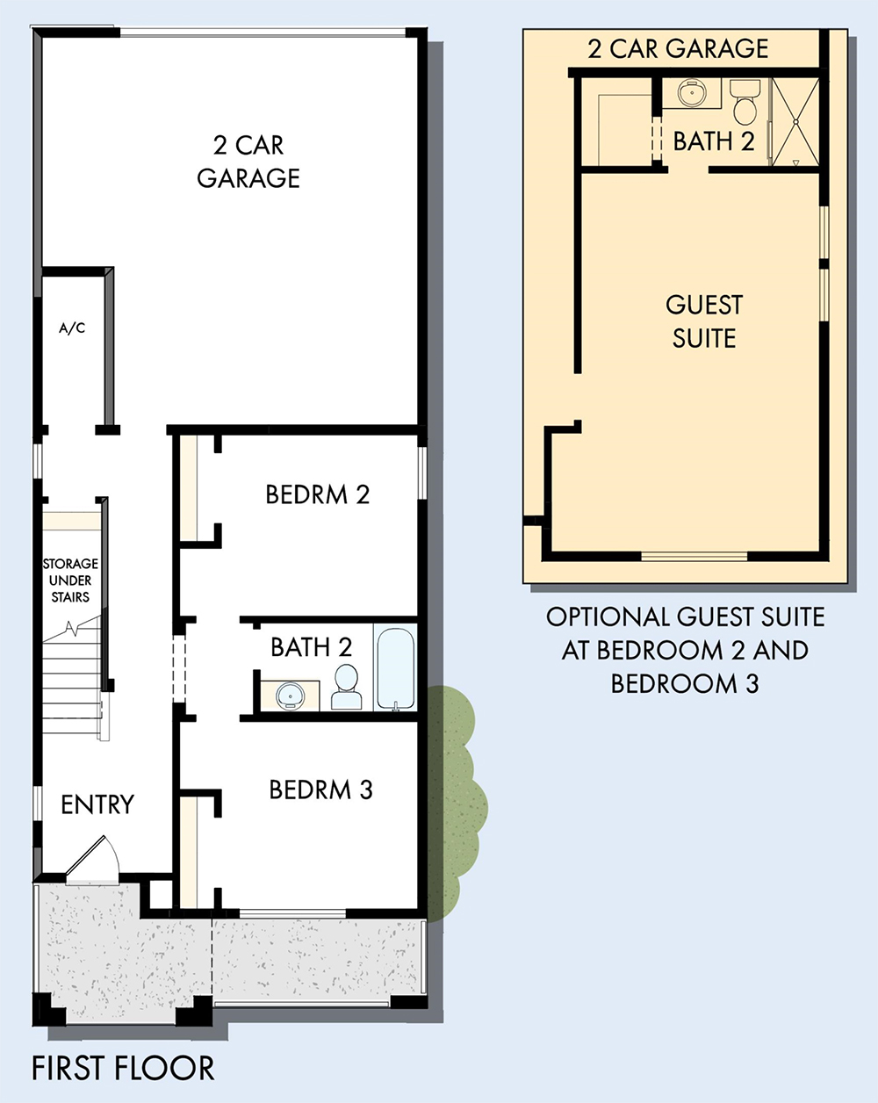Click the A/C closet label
[72, 328]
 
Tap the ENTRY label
[97, 804]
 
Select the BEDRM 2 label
[317, 494]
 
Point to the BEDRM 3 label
[320, 789]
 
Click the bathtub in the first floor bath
[395, 669]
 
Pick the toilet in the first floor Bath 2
[346, 687]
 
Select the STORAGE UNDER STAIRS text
[70, 580]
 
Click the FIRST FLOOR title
[123, 1068]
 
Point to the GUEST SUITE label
[704, 321]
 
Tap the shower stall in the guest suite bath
[795, 122]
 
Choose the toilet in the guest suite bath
[745, 102]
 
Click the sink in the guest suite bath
[692, 93]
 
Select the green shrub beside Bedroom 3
[454, 804]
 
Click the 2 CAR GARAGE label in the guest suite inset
[678, 48]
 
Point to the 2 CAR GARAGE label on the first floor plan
[248, 162]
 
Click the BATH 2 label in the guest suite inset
[714, 141]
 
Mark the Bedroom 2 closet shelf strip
[188, 487]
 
